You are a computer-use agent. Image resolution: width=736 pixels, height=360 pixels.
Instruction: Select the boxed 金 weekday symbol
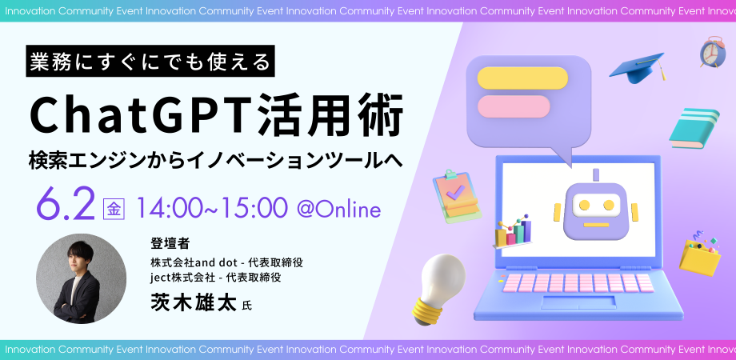pyautogui.click(x=114, y=210)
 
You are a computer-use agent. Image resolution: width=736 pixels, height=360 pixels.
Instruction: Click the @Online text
pyautogui.click(x=338, y=210)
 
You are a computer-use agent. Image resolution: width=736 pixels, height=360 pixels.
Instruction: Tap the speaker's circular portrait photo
pyautogui.click(x=81, y=278)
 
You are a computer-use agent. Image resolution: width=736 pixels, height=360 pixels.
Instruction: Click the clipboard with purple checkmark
pyautogui.click(x=455, y=194)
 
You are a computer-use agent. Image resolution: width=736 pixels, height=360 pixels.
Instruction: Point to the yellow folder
pyautogui.click(x=700, y=256)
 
